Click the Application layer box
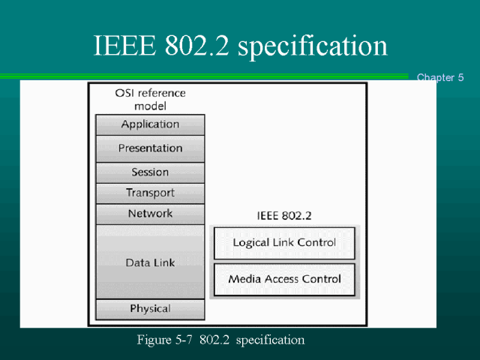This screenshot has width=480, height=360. (x=150, y=124)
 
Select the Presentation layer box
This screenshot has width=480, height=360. (x=150, y=148)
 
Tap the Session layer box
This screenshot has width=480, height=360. (x=150, y=172)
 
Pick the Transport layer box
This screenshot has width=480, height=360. (x=150, y=193)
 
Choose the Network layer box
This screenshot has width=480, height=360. (x=150, y=214)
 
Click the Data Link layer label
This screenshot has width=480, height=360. (x=150, y=262)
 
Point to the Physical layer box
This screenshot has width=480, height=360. (x=150, y=309)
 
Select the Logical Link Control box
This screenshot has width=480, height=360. (x=284, y=243)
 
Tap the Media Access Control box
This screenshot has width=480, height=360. (x=284, y=279)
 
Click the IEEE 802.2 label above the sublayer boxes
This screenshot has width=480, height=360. (x=284, y=216)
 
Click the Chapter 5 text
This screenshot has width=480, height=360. (x=440, y=77)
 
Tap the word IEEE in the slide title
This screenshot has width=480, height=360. (x=121, y=46)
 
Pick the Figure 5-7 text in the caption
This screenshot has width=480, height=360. (x=166, y=340)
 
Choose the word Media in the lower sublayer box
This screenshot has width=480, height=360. (x=244, y=279)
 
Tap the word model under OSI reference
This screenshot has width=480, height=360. (x=150, y=106)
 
